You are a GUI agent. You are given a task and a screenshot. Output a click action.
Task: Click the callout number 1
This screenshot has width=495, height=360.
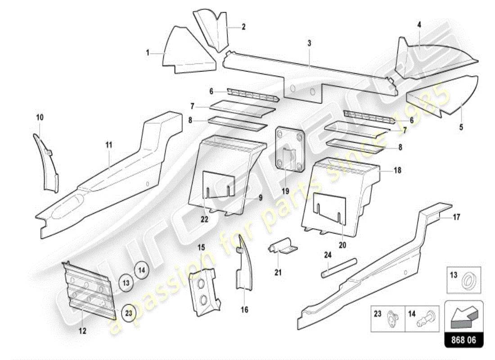147,53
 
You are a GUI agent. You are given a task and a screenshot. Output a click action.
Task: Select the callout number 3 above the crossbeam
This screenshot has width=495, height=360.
310,43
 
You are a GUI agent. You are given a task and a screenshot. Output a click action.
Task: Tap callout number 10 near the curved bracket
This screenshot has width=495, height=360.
40,117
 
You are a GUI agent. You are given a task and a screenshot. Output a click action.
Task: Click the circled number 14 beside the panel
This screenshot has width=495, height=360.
141,270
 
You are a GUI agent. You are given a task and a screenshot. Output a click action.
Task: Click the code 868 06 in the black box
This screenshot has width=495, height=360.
464,340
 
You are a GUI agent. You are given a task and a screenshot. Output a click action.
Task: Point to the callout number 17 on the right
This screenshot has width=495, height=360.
456,217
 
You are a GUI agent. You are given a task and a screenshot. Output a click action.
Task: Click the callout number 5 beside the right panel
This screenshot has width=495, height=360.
461,127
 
